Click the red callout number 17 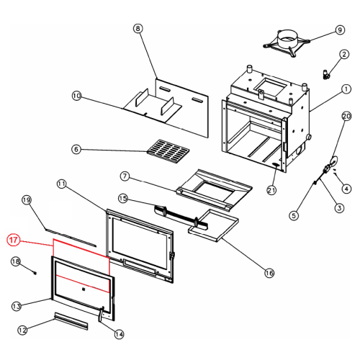click(14, 240)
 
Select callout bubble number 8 click(138, 29)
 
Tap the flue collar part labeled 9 click(287, 43)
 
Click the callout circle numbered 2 click(344, 54)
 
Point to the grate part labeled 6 click(168, 151)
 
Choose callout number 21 click(271, 190)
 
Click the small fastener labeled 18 click(35, 273)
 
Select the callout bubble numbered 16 click(269, 273)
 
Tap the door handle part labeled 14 click(101, 314)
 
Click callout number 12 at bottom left click(22, 330)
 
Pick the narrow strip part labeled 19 click(71, 238)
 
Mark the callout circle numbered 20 click(346, 117)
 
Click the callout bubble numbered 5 click(294, 215)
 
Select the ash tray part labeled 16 click(213, 225)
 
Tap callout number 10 click(76, 96)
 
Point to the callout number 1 click(346, 89)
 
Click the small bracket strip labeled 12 click(71, 321)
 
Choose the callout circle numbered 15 click(123, 199)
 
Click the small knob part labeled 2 click(326, 74)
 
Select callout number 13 click(17, 306)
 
